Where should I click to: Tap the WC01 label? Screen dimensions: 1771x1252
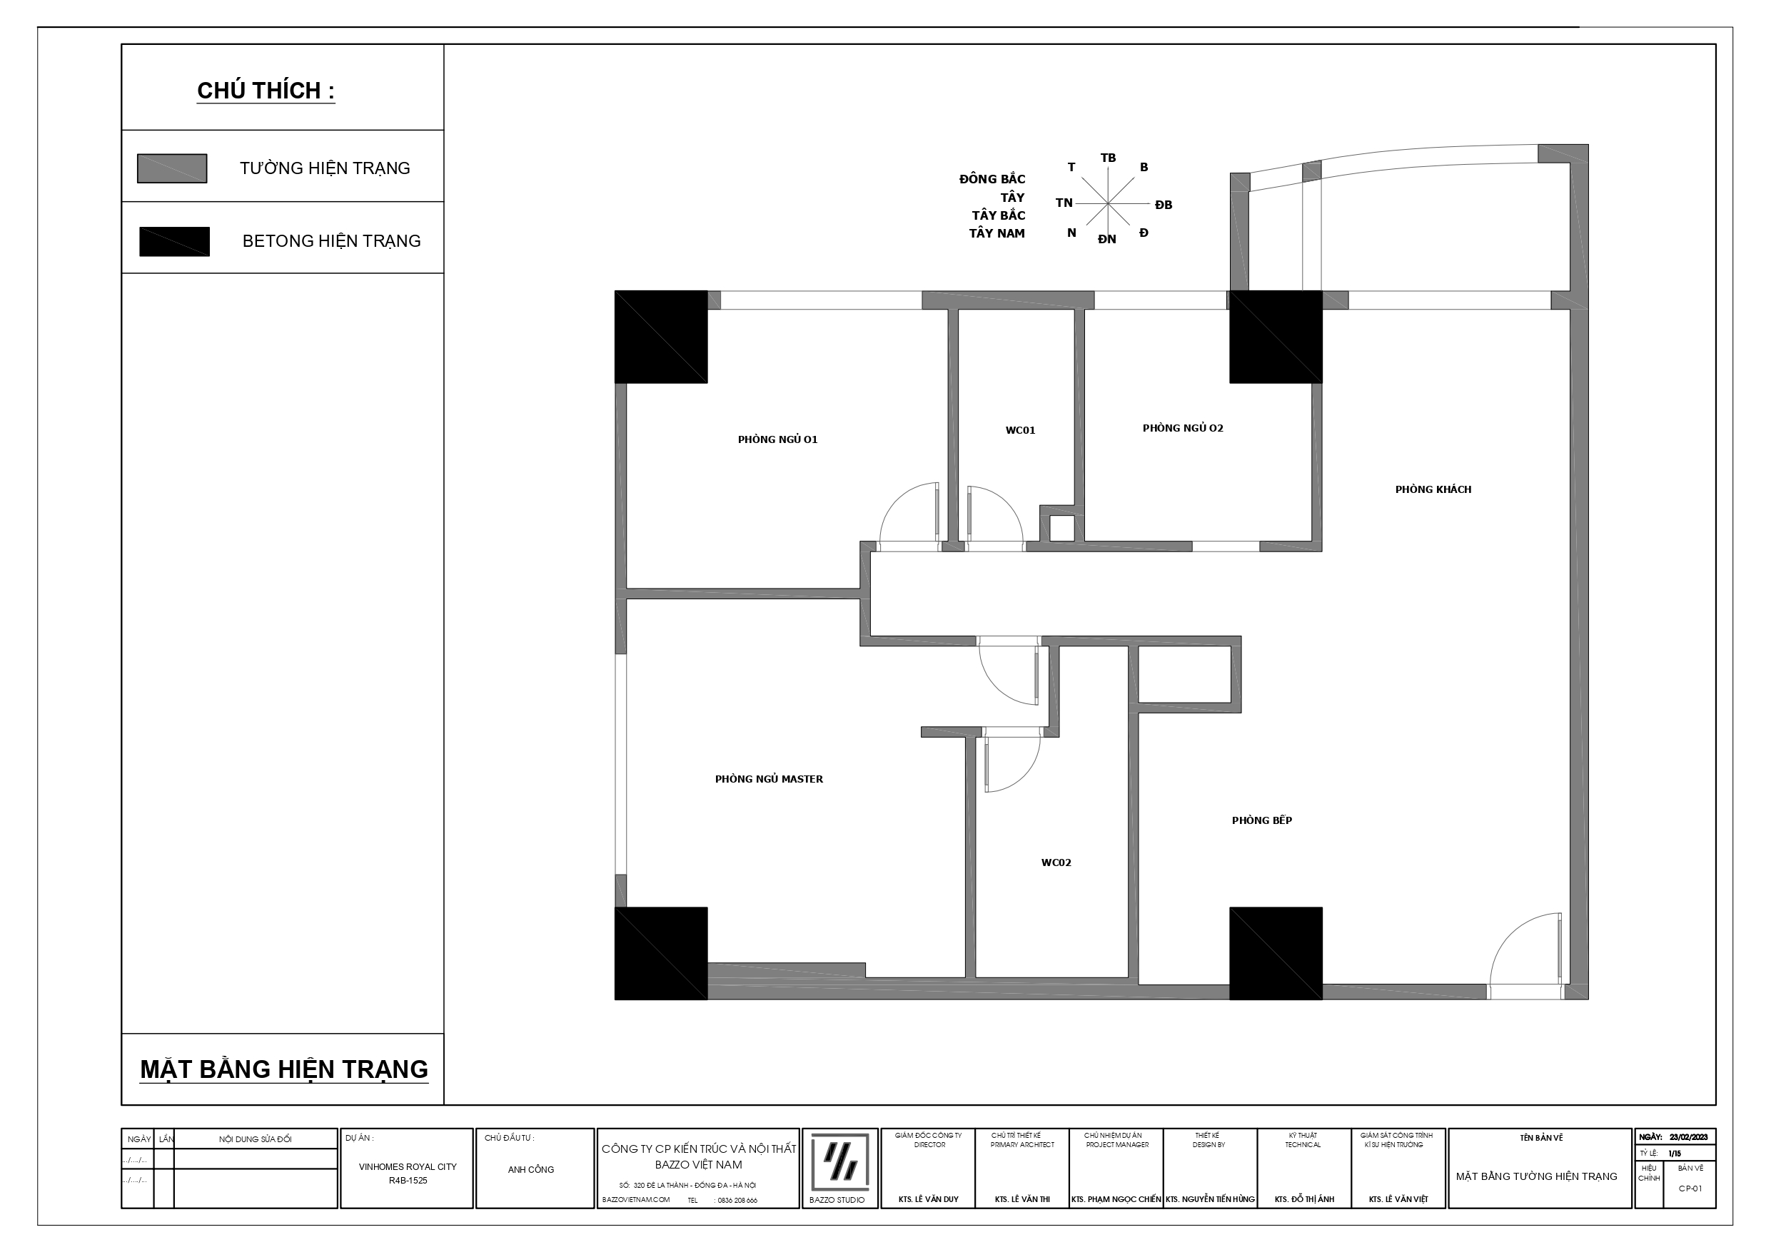coord(1020,430)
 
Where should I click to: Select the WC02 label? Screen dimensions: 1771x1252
coord(1056,862)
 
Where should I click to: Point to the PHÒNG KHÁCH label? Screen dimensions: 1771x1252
coord(1433,489)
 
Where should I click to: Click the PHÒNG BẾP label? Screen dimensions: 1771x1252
coord(1261,820)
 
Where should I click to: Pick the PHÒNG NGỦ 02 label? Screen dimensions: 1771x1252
coord(1183,428)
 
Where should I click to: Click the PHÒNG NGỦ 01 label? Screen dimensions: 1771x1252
coord(777,439)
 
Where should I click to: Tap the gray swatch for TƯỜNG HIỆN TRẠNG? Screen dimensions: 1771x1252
coord(172,169)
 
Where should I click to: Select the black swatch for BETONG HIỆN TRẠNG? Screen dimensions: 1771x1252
coord(174,241)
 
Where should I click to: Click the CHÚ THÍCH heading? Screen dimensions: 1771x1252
coord(266,91)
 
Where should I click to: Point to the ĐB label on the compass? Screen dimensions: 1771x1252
coord(1164,205)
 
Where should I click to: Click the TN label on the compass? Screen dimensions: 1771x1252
coord(1064,203)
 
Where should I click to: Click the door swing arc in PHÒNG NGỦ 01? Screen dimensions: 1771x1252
coord(894,501)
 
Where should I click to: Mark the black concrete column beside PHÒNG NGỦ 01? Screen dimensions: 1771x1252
coord(661,337)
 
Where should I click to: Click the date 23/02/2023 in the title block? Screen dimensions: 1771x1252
coord(1688,1137)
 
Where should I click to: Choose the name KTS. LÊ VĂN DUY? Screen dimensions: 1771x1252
coord(929,1200)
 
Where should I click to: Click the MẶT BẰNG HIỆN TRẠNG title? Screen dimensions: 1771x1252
coord(284,1069)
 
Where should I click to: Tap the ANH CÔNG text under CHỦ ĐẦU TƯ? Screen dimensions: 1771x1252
coord(530,1169)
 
